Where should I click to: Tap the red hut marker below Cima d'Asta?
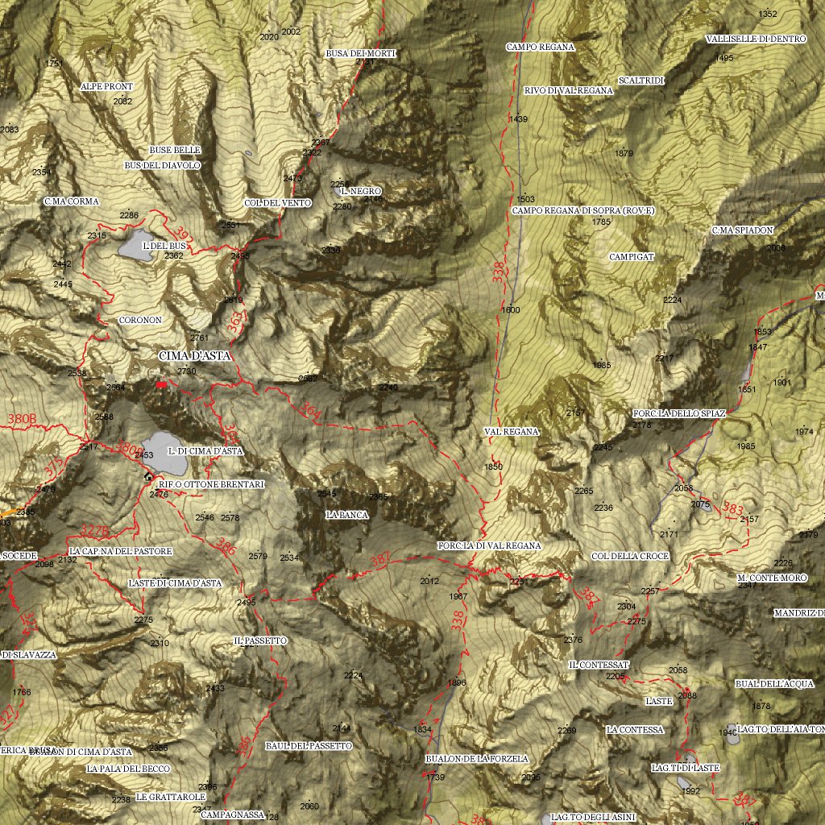tap(161, 385)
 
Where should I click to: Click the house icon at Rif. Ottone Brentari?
tap(148, 476)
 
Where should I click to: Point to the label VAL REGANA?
tap(512, 432)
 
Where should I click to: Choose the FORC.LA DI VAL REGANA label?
tap(490, 545)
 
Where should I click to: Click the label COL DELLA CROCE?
tap(630, 556)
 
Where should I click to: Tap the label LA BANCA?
tap(347, 514)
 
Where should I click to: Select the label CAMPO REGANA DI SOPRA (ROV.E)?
tap(583, 210)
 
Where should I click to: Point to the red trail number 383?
tap(733, 509)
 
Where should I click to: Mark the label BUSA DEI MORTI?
tap(362, 53)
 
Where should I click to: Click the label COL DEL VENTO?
tap(278, 203)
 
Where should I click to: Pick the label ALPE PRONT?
tap(107, 86)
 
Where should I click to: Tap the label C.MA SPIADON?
tap(743, 230)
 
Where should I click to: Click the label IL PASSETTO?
tap(260, 641)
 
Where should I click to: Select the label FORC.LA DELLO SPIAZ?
tap(680, 413)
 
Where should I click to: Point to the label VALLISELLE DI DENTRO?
tap(755, 39)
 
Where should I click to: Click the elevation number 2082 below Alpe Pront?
tap(123, 102)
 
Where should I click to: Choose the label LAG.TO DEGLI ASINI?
tap(594, 818)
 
